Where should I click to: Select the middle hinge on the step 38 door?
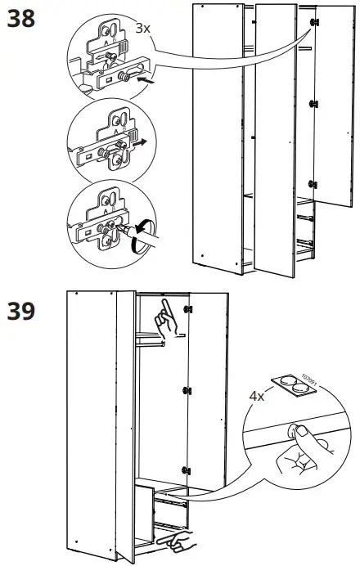[x=313, y=104]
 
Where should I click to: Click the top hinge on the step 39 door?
[x=189, y=309]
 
